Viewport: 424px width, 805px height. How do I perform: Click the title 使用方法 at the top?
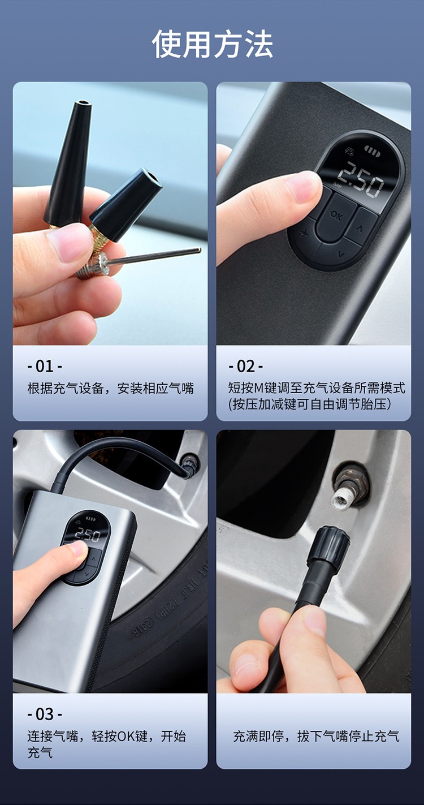point(212,44)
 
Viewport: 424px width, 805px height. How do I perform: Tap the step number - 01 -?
point(45,366)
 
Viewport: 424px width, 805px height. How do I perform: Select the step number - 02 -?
point(246,366)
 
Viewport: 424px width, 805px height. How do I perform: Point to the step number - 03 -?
point(45,714)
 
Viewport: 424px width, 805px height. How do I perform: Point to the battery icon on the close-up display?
point(373,149)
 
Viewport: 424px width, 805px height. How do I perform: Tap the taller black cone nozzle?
point(68,163)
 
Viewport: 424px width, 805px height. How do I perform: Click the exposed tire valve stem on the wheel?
point(349,485)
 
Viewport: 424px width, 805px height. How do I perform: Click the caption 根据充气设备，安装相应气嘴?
point(111,389)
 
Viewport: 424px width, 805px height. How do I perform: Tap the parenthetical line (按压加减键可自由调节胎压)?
point(309,404)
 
